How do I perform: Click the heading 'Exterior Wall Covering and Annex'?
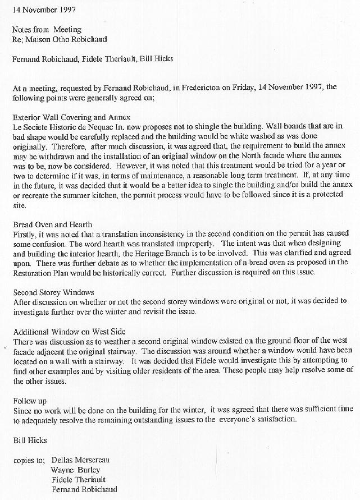[x=71, y=117]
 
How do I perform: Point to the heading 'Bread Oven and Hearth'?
[x=53, y=224]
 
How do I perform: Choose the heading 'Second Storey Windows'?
[x=53, y=292]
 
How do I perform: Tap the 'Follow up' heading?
[x=30, y=401]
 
